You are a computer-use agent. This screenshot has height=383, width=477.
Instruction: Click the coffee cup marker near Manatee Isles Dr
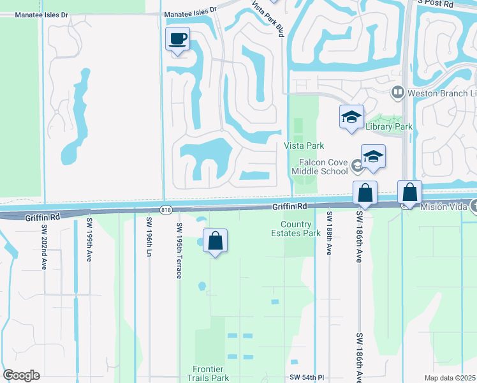point(178,40)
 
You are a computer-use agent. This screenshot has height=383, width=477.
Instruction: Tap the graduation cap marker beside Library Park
point(351,117)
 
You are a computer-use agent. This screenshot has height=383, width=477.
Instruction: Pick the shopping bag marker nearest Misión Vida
point(409,192)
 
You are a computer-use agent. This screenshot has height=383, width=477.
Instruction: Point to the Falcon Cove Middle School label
point(320,167)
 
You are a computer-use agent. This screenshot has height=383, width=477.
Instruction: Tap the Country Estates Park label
point(300,229)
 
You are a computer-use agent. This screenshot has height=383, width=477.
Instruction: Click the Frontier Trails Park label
point(211,373)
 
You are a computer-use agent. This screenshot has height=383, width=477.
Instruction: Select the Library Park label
point(389,126)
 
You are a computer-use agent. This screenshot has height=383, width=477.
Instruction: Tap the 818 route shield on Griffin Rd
point(166,209)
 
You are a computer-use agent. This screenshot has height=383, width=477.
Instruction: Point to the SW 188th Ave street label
point(330,234)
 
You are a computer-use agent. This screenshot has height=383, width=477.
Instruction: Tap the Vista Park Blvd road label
point(267,19)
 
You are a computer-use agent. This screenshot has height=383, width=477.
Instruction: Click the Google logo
point(21,375)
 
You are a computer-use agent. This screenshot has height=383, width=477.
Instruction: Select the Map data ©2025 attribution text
point(450,378)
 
